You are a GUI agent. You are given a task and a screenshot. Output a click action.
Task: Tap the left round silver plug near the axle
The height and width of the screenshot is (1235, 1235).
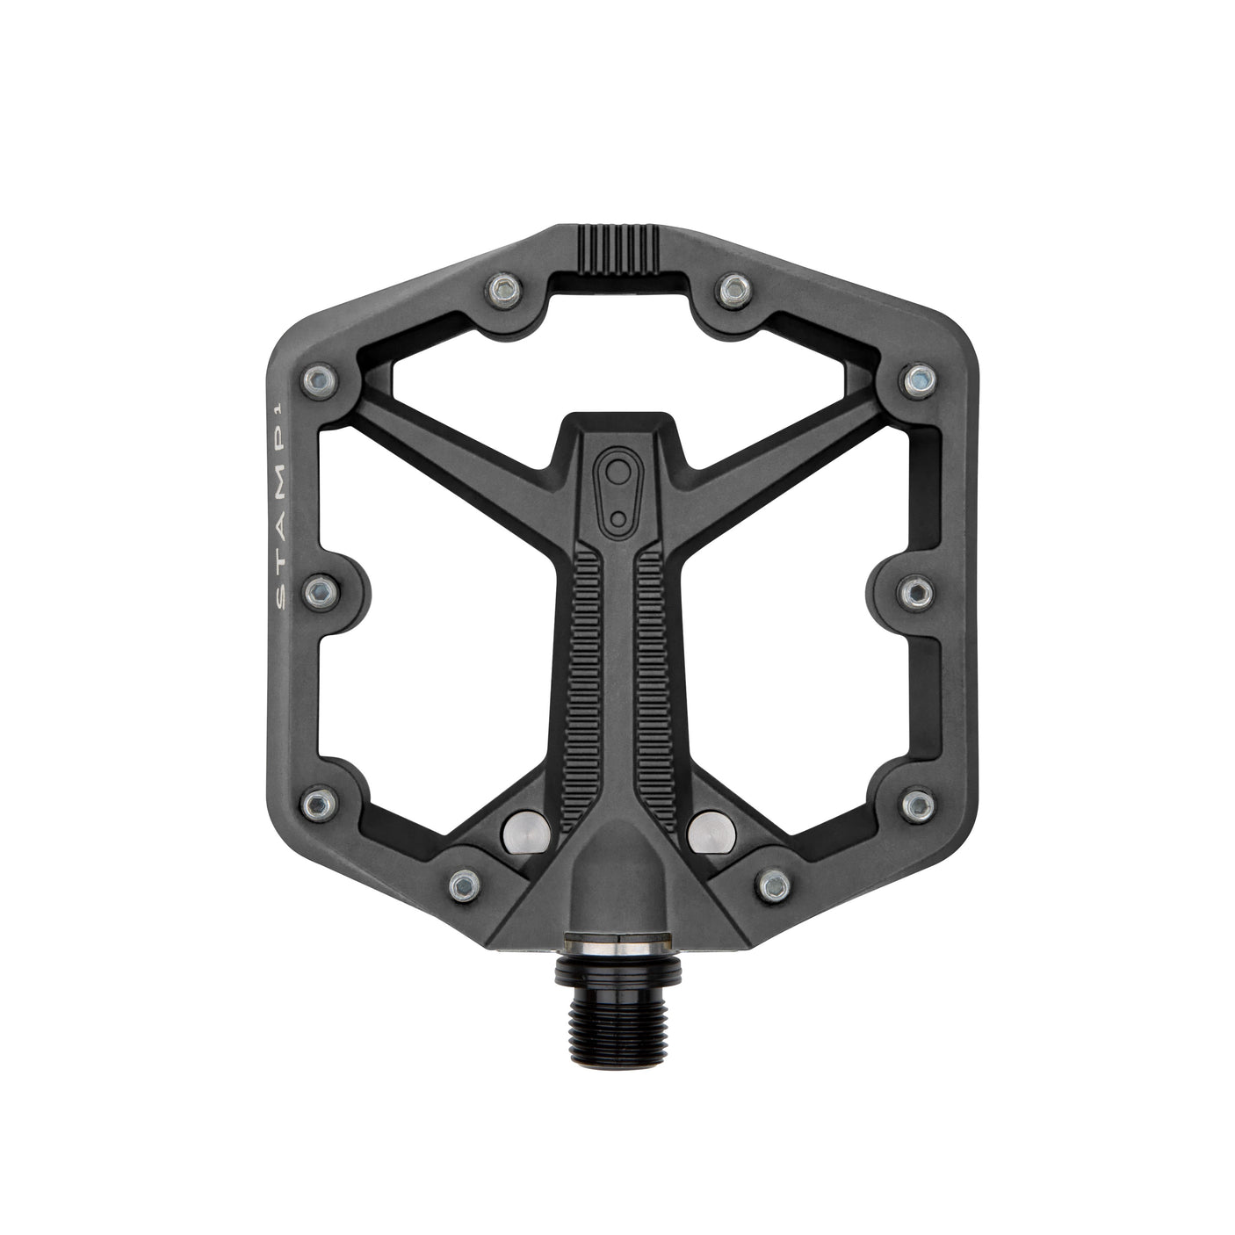(x=525, y=831)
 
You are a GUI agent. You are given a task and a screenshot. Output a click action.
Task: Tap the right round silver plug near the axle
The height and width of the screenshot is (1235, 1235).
(x=711, y=831)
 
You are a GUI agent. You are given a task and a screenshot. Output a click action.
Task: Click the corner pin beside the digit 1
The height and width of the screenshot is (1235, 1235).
(x=319, y=380)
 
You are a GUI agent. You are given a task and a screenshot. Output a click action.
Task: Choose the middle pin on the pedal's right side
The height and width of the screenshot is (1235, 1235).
(x=916, y=593)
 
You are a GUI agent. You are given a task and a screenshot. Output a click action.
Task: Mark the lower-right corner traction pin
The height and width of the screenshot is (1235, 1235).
(x=918, y=805)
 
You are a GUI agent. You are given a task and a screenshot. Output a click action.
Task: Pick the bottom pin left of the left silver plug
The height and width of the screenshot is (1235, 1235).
(x=465, y=885)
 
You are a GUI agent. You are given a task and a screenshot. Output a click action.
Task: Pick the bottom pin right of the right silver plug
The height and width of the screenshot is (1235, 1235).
(x=773, y=885)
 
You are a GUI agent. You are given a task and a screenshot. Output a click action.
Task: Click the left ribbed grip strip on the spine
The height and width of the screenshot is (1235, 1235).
(x=585, y=685)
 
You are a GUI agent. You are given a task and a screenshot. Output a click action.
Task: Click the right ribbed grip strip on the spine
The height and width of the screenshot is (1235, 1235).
(x=654, y=685)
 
